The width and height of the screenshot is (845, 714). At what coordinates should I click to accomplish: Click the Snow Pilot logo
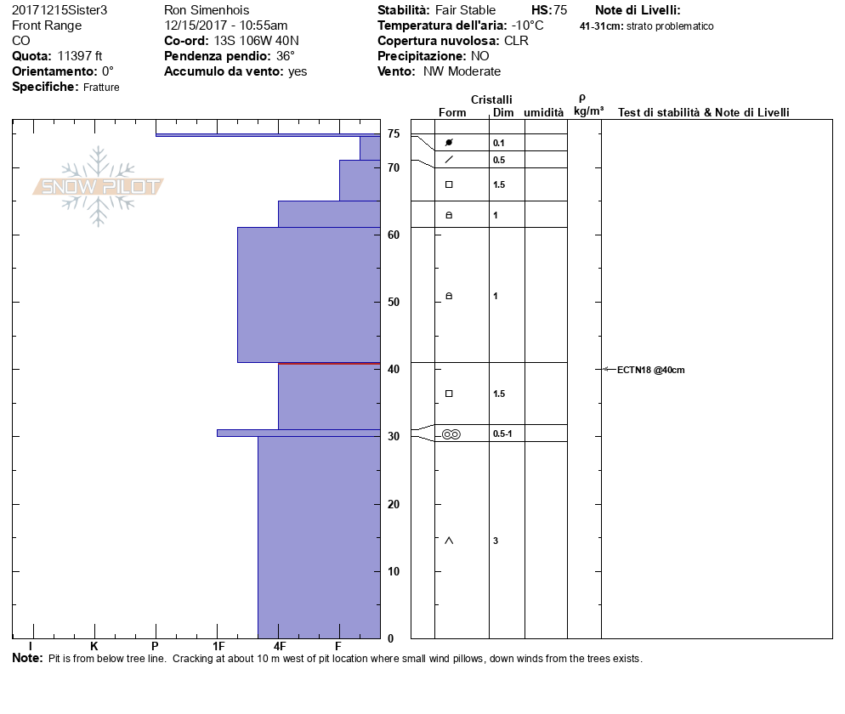click(99, 186)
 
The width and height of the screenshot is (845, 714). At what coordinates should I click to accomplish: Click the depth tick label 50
click(394, 302)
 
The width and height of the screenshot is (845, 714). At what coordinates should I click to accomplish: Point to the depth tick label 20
click(394, 504)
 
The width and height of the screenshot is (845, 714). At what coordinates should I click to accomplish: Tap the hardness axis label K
click(94, 647)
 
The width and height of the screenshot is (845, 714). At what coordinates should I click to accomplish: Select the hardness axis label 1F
click(218, 647)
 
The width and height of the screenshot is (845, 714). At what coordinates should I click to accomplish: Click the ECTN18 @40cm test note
click(650, 370)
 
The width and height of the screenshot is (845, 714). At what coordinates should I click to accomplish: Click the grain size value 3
click(496, 541)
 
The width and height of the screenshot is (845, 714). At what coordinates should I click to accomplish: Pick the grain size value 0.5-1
click(503, 434)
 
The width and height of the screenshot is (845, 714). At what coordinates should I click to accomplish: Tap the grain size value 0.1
click(499, 143)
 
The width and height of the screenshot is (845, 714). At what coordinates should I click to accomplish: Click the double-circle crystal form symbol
click(451, 434)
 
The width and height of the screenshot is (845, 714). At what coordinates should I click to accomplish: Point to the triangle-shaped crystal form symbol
click(449, 541)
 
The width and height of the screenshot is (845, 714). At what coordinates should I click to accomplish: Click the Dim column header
click(502, 113)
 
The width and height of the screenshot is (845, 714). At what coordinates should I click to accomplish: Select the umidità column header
click(544, 113)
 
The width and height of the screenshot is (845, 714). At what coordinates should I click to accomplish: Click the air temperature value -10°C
click(527, 25)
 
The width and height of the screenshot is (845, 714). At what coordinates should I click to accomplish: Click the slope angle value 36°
click(286, 56)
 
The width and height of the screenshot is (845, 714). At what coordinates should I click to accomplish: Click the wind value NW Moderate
click(462, 71)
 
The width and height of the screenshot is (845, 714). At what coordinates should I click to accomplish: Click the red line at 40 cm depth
click(329, 364)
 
